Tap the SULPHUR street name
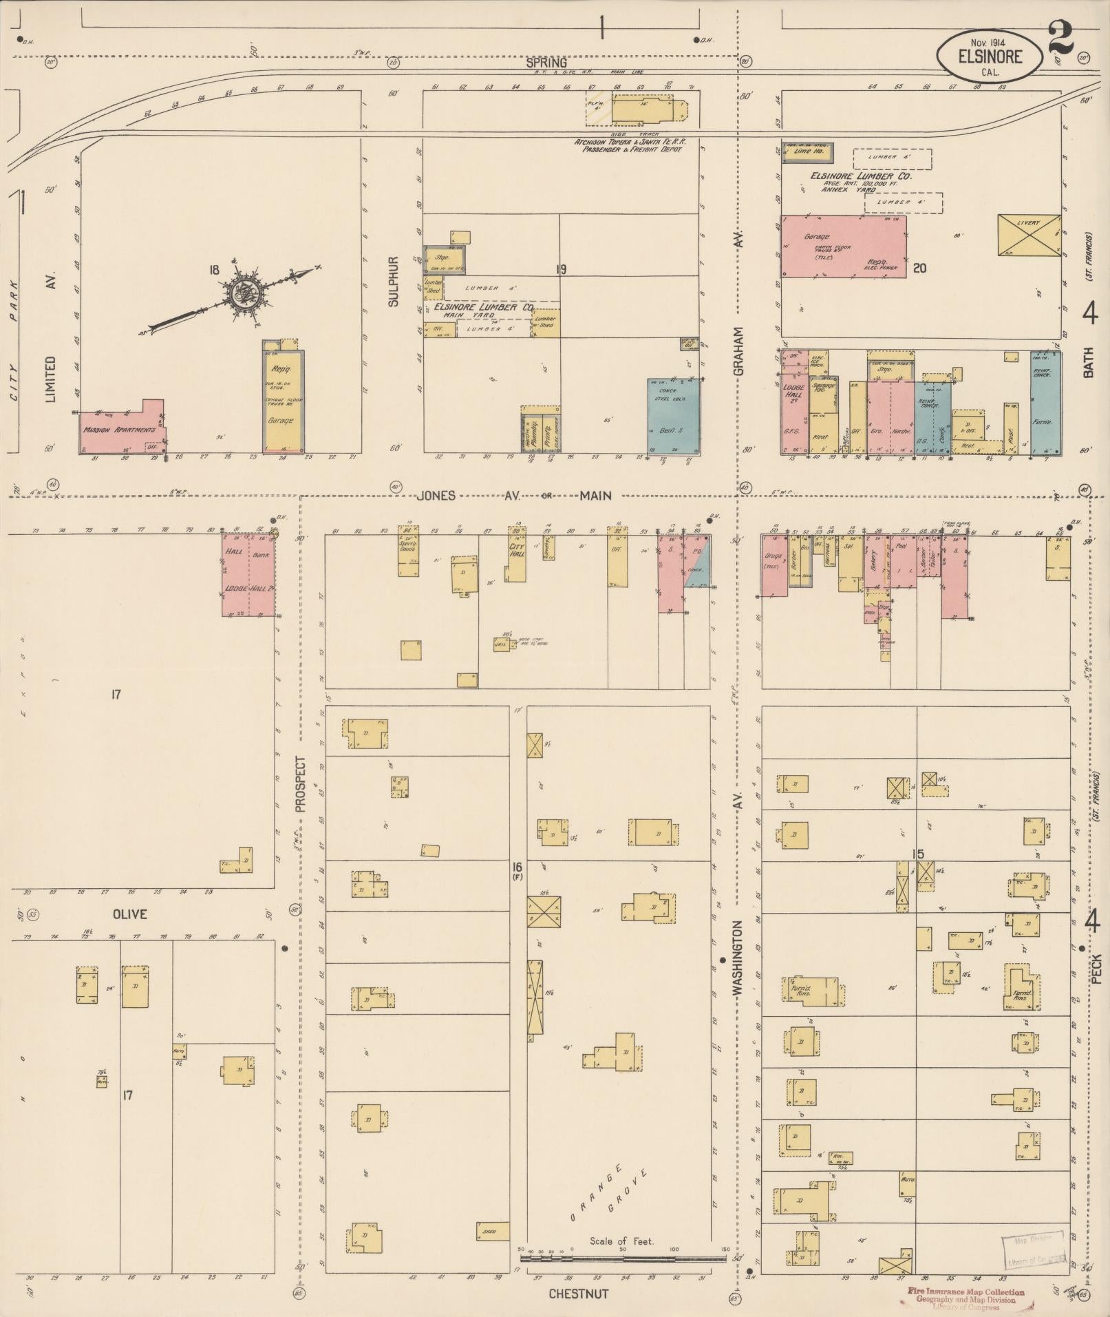394,280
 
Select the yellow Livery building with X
1029,236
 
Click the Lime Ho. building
807,150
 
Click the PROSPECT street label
300,785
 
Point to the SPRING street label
546,63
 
